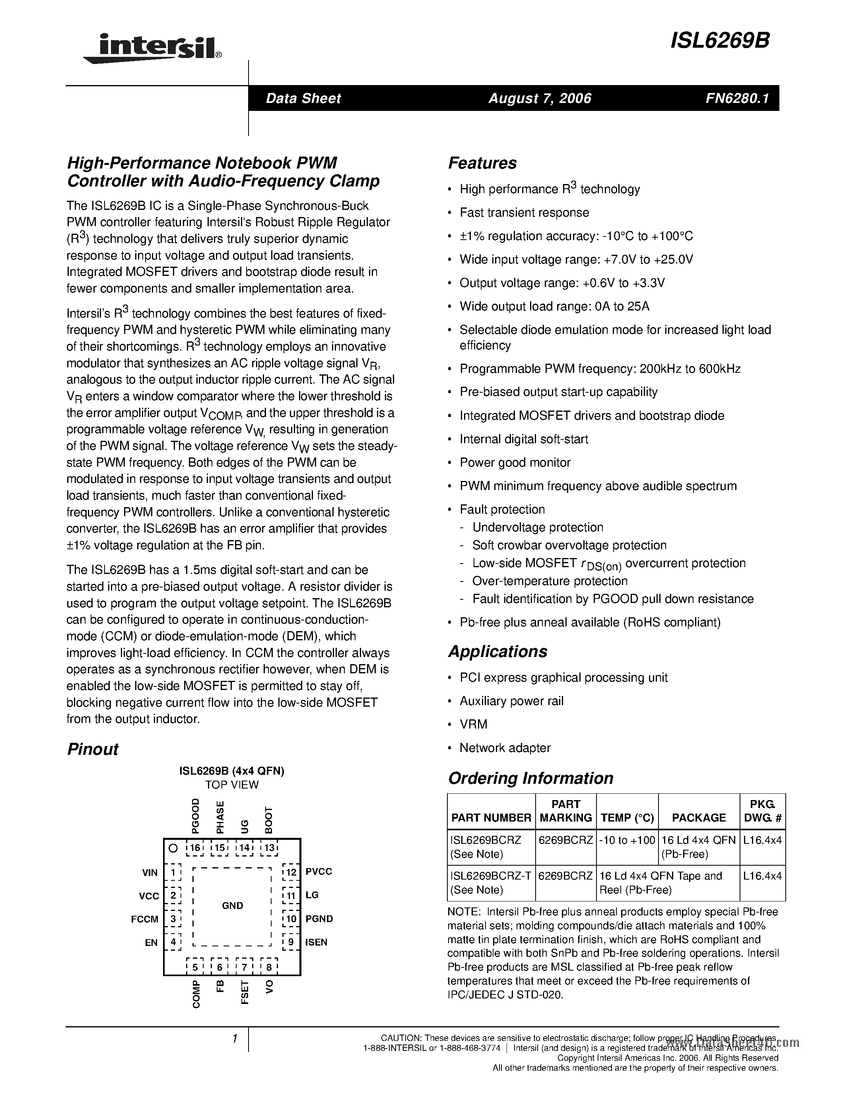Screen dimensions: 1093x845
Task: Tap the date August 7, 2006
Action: [540, 98]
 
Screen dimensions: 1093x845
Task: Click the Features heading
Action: [482, 163]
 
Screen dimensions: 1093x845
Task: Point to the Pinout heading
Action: [93, 749]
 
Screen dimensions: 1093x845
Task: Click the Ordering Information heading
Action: [530, 778]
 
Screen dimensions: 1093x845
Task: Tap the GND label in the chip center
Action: [232, 905]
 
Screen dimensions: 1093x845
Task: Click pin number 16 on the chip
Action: [195, 848]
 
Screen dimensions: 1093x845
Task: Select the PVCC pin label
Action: [319, 871]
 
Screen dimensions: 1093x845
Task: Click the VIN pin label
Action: [150, 873]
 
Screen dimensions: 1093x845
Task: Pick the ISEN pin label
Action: [317, 942]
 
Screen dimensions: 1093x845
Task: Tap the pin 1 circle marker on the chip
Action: [173, 848]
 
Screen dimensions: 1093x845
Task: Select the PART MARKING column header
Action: [566, 811]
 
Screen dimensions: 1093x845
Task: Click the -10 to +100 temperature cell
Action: [627, 840]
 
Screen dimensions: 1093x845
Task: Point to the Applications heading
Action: [497, 651]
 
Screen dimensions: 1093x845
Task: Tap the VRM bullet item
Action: [473, 724]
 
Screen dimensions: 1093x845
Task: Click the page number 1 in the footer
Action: [234, 1039]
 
